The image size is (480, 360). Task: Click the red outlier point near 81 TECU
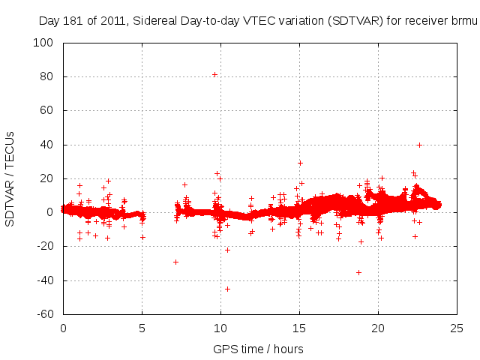coord(214,74)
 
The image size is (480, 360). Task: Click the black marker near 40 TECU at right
coord(419,145)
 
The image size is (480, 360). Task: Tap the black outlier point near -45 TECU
coord(227,289)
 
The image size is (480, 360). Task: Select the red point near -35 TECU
coord(358,272)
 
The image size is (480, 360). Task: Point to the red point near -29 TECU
coord(175,262)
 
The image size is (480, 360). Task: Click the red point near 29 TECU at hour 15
coord(300,163)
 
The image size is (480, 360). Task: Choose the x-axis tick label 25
coord(457,328)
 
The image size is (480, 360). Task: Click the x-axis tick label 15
coord(299,328)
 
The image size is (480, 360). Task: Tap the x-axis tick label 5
coord(142,328)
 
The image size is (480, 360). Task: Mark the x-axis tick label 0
coord(63,328)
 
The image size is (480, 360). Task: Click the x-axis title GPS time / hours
coord(259,349)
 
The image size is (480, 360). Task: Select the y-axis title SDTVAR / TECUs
coord(10,178)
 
